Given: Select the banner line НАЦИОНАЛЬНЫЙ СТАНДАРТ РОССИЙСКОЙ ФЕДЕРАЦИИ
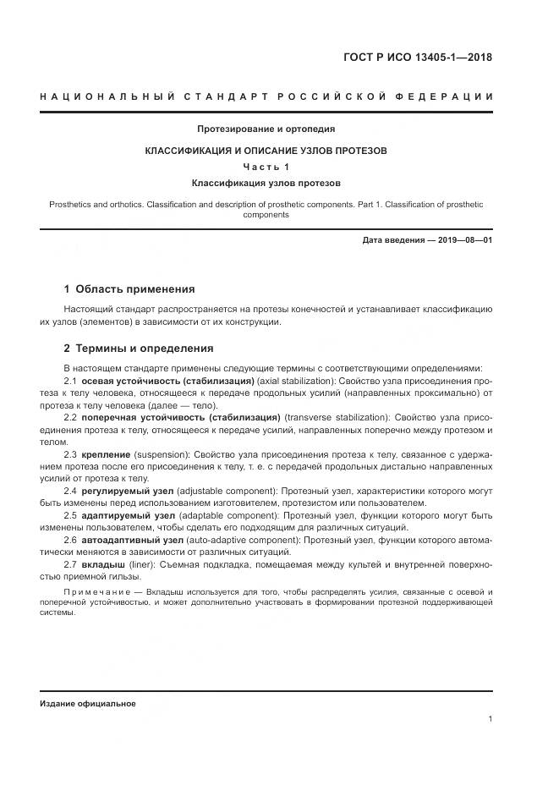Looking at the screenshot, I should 266,97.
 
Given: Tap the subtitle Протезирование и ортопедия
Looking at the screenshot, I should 266,129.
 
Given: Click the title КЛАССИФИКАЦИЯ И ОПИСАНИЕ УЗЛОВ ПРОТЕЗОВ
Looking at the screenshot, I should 266,151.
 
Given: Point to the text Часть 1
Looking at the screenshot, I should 266,167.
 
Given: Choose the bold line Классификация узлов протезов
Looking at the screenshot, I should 266,183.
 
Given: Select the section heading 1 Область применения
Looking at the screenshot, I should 129,289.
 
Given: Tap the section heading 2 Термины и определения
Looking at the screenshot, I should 139,349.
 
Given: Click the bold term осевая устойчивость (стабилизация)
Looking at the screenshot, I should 168,382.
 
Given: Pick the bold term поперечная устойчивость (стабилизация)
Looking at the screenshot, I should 181,418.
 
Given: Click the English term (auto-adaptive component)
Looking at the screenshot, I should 227,539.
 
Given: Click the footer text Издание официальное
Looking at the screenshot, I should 87,703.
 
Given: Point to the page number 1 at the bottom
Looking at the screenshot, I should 490,719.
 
